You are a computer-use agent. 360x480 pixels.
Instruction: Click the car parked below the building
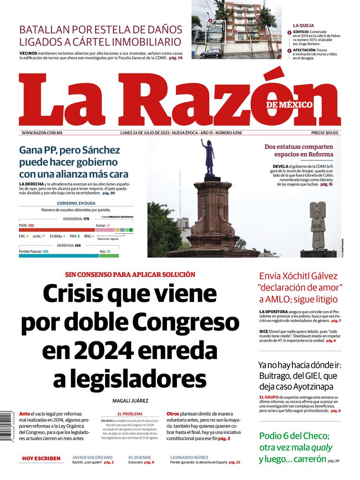click(211, 53)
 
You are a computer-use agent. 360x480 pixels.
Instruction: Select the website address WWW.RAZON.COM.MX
click(42, 133)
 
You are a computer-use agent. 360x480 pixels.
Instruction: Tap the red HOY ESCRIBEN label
click(41, 458)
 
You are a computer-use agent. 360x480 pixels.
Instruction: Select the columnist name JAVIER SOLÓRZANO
click(94, 457)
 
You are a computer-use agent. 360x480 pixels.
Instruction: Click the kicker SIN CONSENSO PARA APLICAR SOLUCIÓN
click(130, 275)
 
